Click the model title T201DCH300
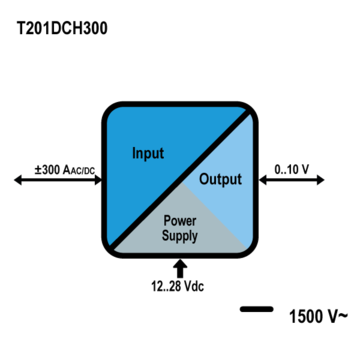[62, 28]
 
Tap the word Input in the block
[148, 153]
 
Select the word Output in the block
[220, 179]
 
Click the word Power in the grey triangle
[180, 221]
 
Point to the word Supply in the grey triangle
[180, 236]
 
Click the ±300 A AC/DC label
[65, 170]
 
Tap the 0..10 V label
[292, 169]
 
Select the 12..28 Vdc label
[178, 286]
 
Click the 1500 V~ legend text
[318, 316]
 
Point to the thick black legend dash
[257, 309]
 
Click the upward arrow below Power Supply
[180, 269]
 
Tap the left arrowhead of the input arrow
[18, 180]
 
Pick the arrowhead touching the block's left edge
[98, 180]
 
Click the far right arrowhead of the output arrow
[320, 180]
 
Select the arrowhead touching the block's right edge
[263, 180]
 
